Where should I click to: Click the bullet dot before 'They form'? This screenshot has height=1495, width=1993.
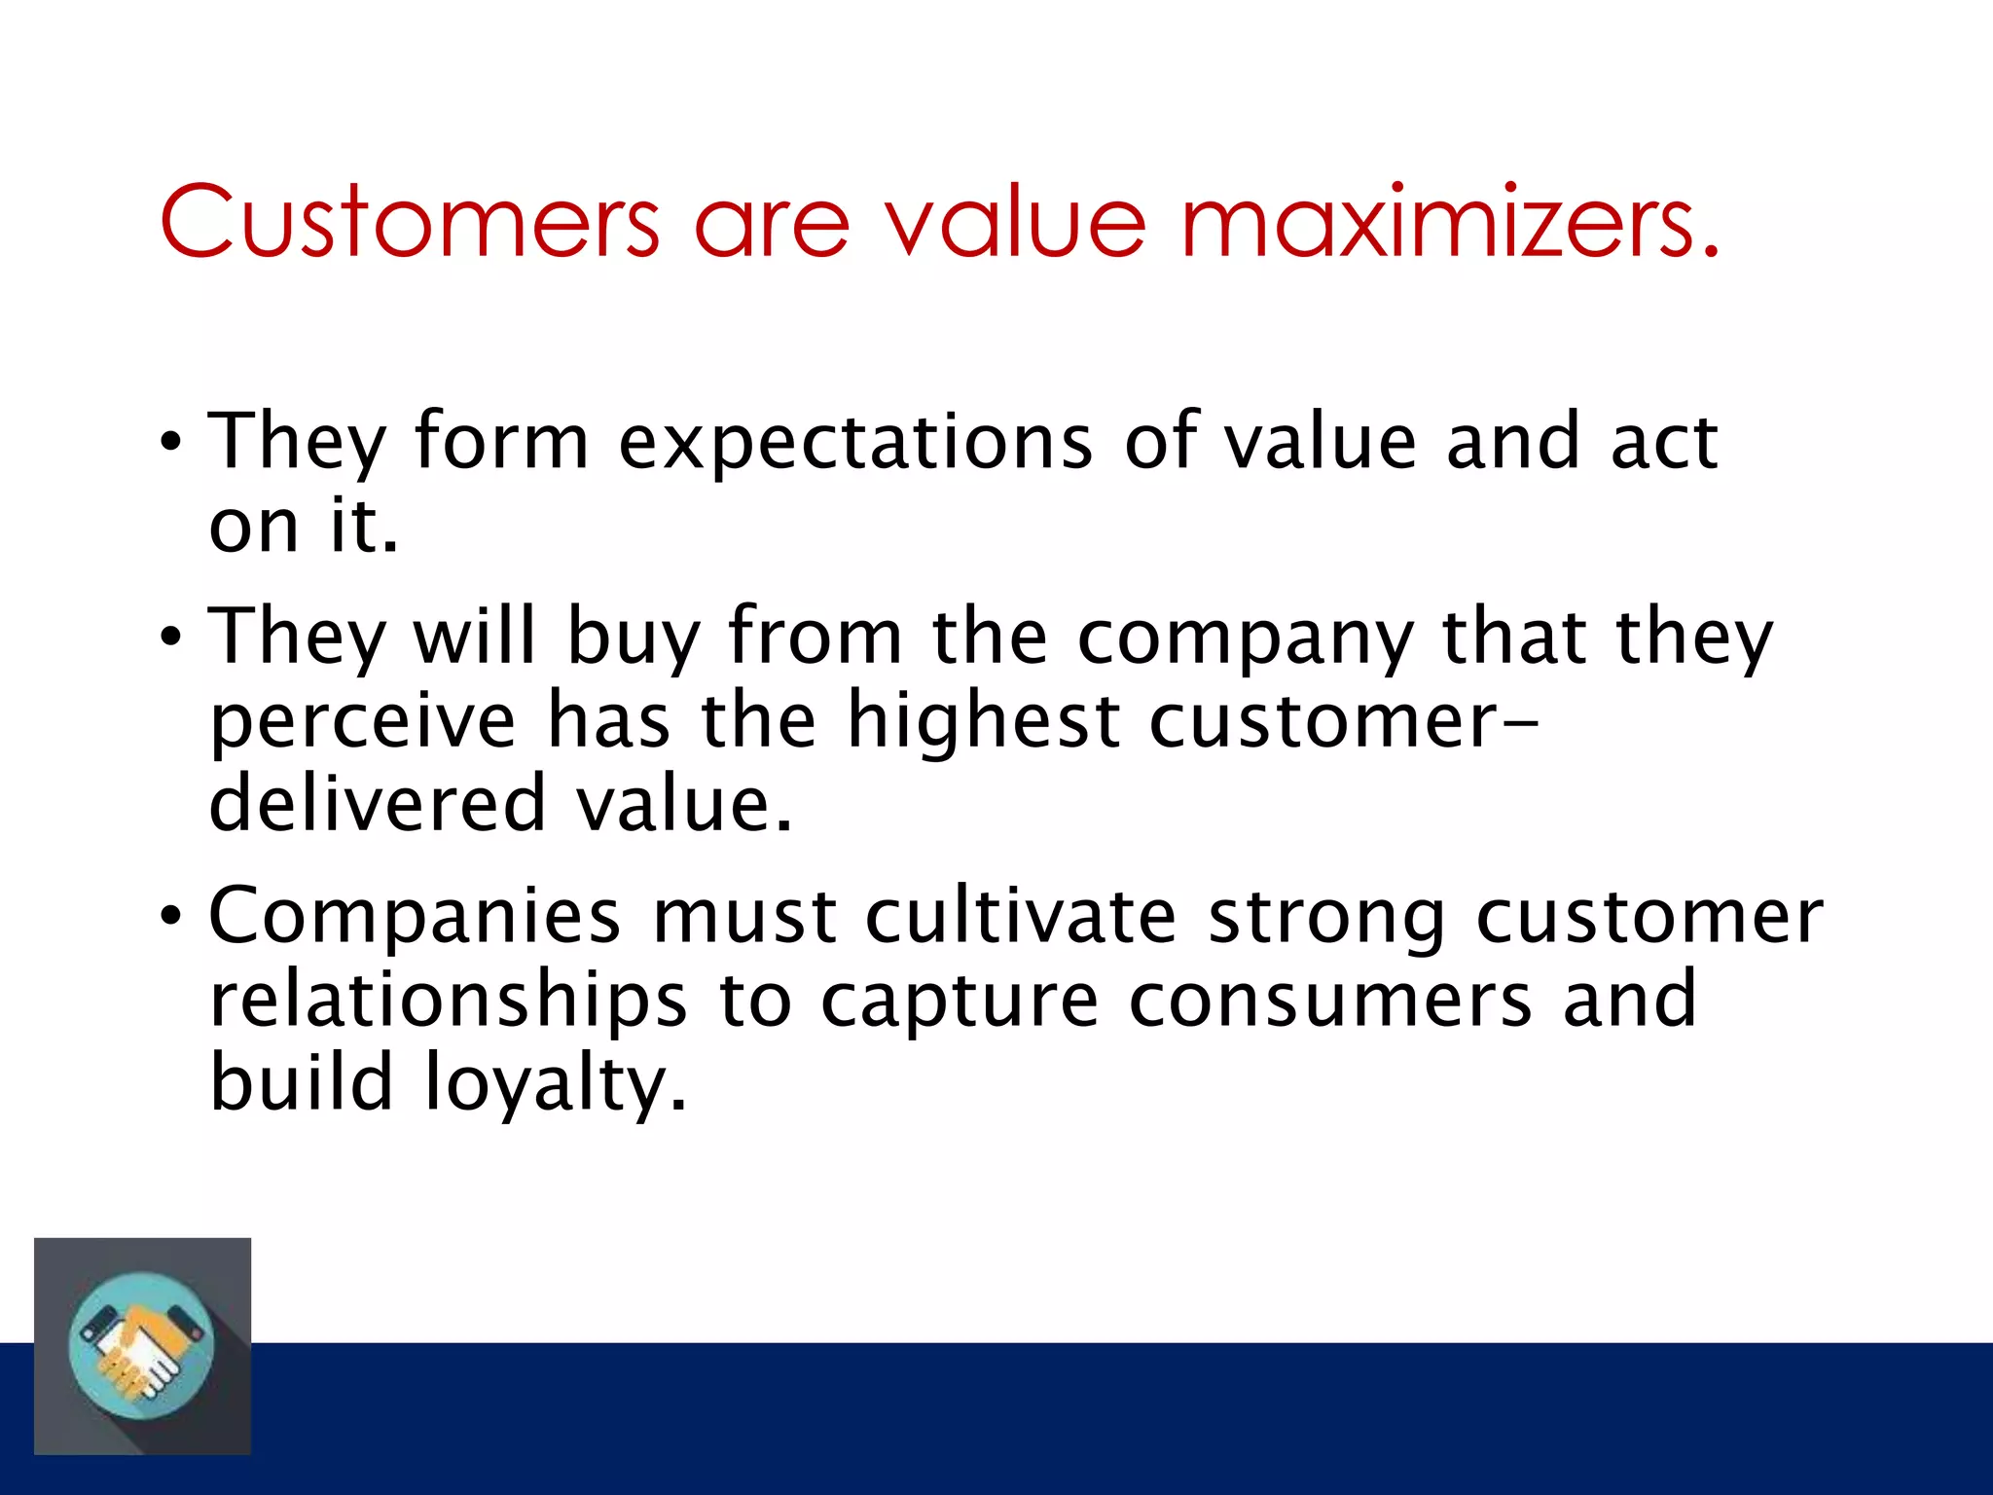(171, 444)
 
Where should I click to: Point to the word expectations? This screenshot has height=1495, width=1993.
(856, 444)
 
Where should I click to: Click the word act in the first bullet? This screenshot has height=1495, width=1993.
(1664, 442)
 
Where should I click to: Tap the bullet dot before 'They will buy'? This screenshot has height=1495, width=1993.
(171, 638)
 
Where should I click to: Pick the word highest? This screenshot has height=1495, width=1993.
(983, 722)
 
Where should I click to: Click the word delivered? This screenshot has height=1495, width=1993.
(378, 803)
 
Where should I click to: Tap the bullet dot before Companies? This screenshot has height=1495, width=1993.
(171, 917)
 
